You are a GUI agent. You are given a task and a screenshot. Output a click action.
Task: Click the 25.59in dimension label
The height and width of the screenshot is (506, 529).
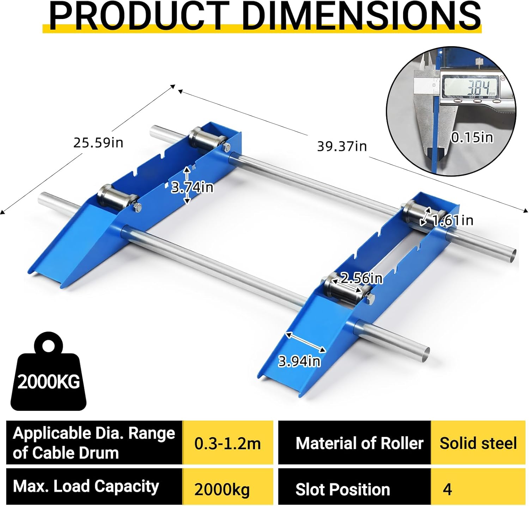[98, 143]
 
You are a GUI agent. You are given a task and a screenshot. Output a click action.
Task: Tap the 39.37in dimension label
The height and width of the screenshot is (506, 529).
[342, 146]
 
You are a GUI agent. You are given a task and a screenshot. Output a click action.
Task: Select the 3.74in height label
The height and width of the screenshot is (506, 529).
[192, 187]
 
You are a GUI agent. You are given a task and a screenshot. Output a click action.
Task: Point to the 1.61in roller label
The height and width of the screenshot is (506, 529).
[452, 220]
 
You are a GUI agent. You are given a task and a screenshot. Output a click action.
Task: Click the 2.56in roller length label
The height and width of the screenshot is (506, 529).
[361, 278]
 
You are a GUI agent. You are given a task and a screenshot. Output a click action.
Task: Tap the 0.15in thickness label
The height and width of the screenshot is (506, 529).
[472, 137]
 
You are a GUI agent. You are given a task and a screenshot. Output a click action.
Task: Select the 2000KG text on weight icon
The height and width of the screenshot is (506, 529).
[49, 382]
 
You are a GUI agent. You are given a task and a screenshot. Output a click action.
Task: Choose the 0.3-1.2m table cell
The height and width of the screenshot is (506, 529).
[227, 443]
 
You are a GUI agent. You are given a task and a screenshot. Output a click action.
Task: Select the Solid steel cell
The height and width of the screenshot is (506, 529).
[478, 443]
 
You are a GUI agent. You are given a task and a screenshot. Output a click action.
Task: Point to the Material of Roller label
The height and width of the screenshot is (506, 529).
[359, 443]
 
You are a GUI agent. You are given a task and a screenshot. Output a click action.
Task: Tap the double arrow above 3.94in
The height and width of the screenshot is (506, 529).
[306, 342]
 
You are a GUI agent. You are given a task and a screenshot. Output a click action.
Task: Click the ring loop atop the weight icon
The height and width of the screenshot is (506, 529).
[48, 344]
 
